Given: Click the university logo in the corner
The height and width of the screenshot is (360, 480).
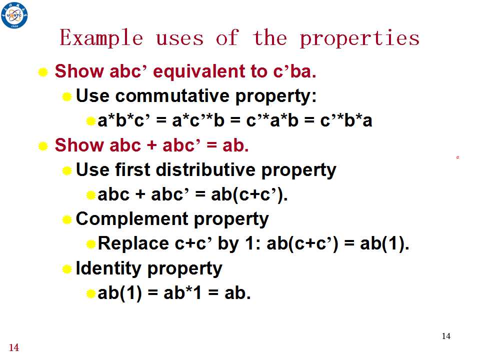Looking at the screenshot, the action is coord(14,14).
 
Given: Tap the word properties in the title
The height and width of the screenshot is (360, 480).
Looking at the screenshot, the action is coord(359,39).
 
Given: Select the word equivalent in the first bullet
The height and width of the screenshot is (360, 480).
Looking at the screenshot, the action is coord(198,71).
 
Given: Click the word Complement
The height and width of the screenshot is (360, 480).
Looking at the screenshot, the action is coord(132,219).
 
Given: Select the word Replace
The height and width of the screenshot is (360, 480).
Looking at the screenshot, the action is coord(133,244).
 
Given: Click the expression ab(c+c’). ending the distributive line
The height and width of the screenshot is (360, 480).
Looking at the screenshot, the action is coord(249,194).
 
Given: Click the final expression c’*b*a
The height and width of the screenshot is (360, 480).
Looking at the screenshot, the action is coord(346,120).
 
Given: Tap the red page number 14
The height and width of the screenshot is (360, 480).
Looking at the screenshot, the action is coord(14,347).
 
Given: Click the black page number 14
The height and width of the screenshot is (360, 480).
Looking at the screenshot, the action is coord(446,336).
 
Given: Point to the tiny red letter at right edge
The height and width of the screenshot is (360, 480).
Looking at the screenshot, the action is coord(457,157).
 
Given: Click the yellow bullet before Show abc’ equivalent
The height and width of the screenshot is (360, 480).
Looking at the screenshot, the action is coord(43,72).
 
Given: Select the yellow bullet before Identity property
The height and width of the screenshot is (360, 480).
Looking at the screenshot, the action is coord(66,269).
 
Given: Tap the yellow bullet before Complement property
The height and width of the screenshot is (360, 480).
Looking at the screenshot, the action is coord(66,219).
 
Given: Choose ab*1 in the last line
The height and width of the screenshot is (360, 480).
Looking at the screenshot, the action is coord(183,293).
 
